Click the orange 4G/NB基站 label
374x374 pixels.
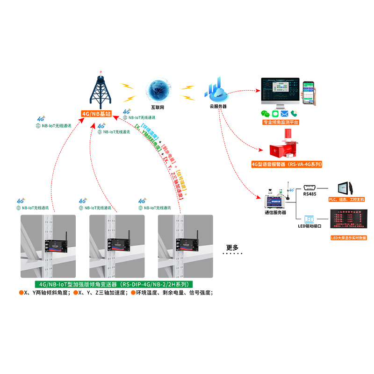tap(97, 114)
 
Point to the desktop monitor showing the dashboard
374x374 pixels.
tap(280, 92)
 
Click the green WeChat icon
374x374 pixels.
tap(265, 114)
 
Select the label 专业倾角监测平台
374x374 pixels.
tap(281, 122)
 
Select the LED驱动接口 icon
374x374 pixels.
tap(310, 219)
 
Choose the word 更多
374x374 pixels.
tap(232, 247)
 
